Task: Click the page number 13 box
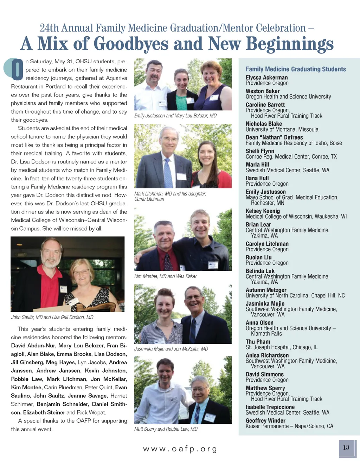(346, 448)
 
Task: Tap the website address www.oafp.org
(180, 449)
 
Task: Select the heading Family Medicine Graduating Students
(296, 69)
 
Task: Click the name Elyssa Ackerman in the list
(266, 77)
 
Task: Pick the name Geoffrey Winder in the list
(265, 421)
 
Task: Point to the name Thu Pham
(258, 342)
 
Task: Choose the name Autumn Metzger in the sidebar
(266, 290)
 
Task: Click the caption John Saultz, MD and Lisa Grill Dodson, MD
(52, 317)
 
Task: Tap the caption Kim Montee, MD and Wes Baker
(165, 276)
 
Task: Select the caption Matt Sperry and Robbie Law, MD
(166, 429)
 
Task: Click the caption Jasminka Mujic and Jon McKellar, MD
(171, 349)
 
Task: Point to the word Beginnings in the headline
(289, 44)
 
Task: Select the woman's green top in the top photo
(182, 102)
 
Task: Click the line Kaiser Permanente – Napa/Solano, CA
(289, 426)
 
